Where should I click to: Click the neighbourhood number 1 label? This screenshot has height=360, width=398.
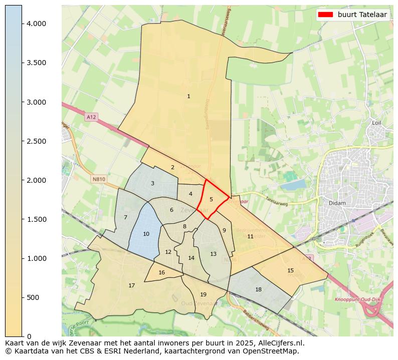(188, 96)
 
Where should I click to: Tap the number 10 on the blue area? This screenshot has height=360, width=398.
(146, 234)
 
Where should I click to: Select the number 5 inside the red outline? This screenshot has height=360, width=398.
(211, 199)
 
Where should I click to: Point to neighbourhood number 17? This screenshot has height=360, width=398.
(131, 285)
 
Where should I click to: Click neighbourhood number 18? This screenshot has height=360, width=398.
(258, 289)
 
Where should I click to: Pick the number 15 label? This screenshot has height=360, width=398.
(290, 270)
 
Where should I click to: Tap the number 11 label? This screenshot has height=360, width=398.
(250, 236)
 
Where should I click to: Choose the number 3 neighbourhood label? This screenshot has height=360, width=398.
(152, 183)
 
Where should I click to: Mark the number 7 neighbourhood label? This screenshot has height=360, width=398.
(125, 217)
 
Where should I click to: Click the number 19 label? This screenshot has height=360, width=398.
(203, 294)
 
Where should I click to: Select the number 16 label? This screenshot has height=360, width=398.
(161, 272)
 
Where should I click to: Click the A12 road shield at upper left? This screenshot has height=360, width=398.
(91, 117)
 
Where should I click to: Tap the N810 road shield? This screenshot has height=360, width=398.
(99, 179)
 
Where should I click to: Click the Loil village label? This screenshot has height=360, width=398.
(377, 123)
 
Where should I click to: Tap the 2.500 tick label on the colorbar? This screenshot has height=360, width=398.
(37, 141)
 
